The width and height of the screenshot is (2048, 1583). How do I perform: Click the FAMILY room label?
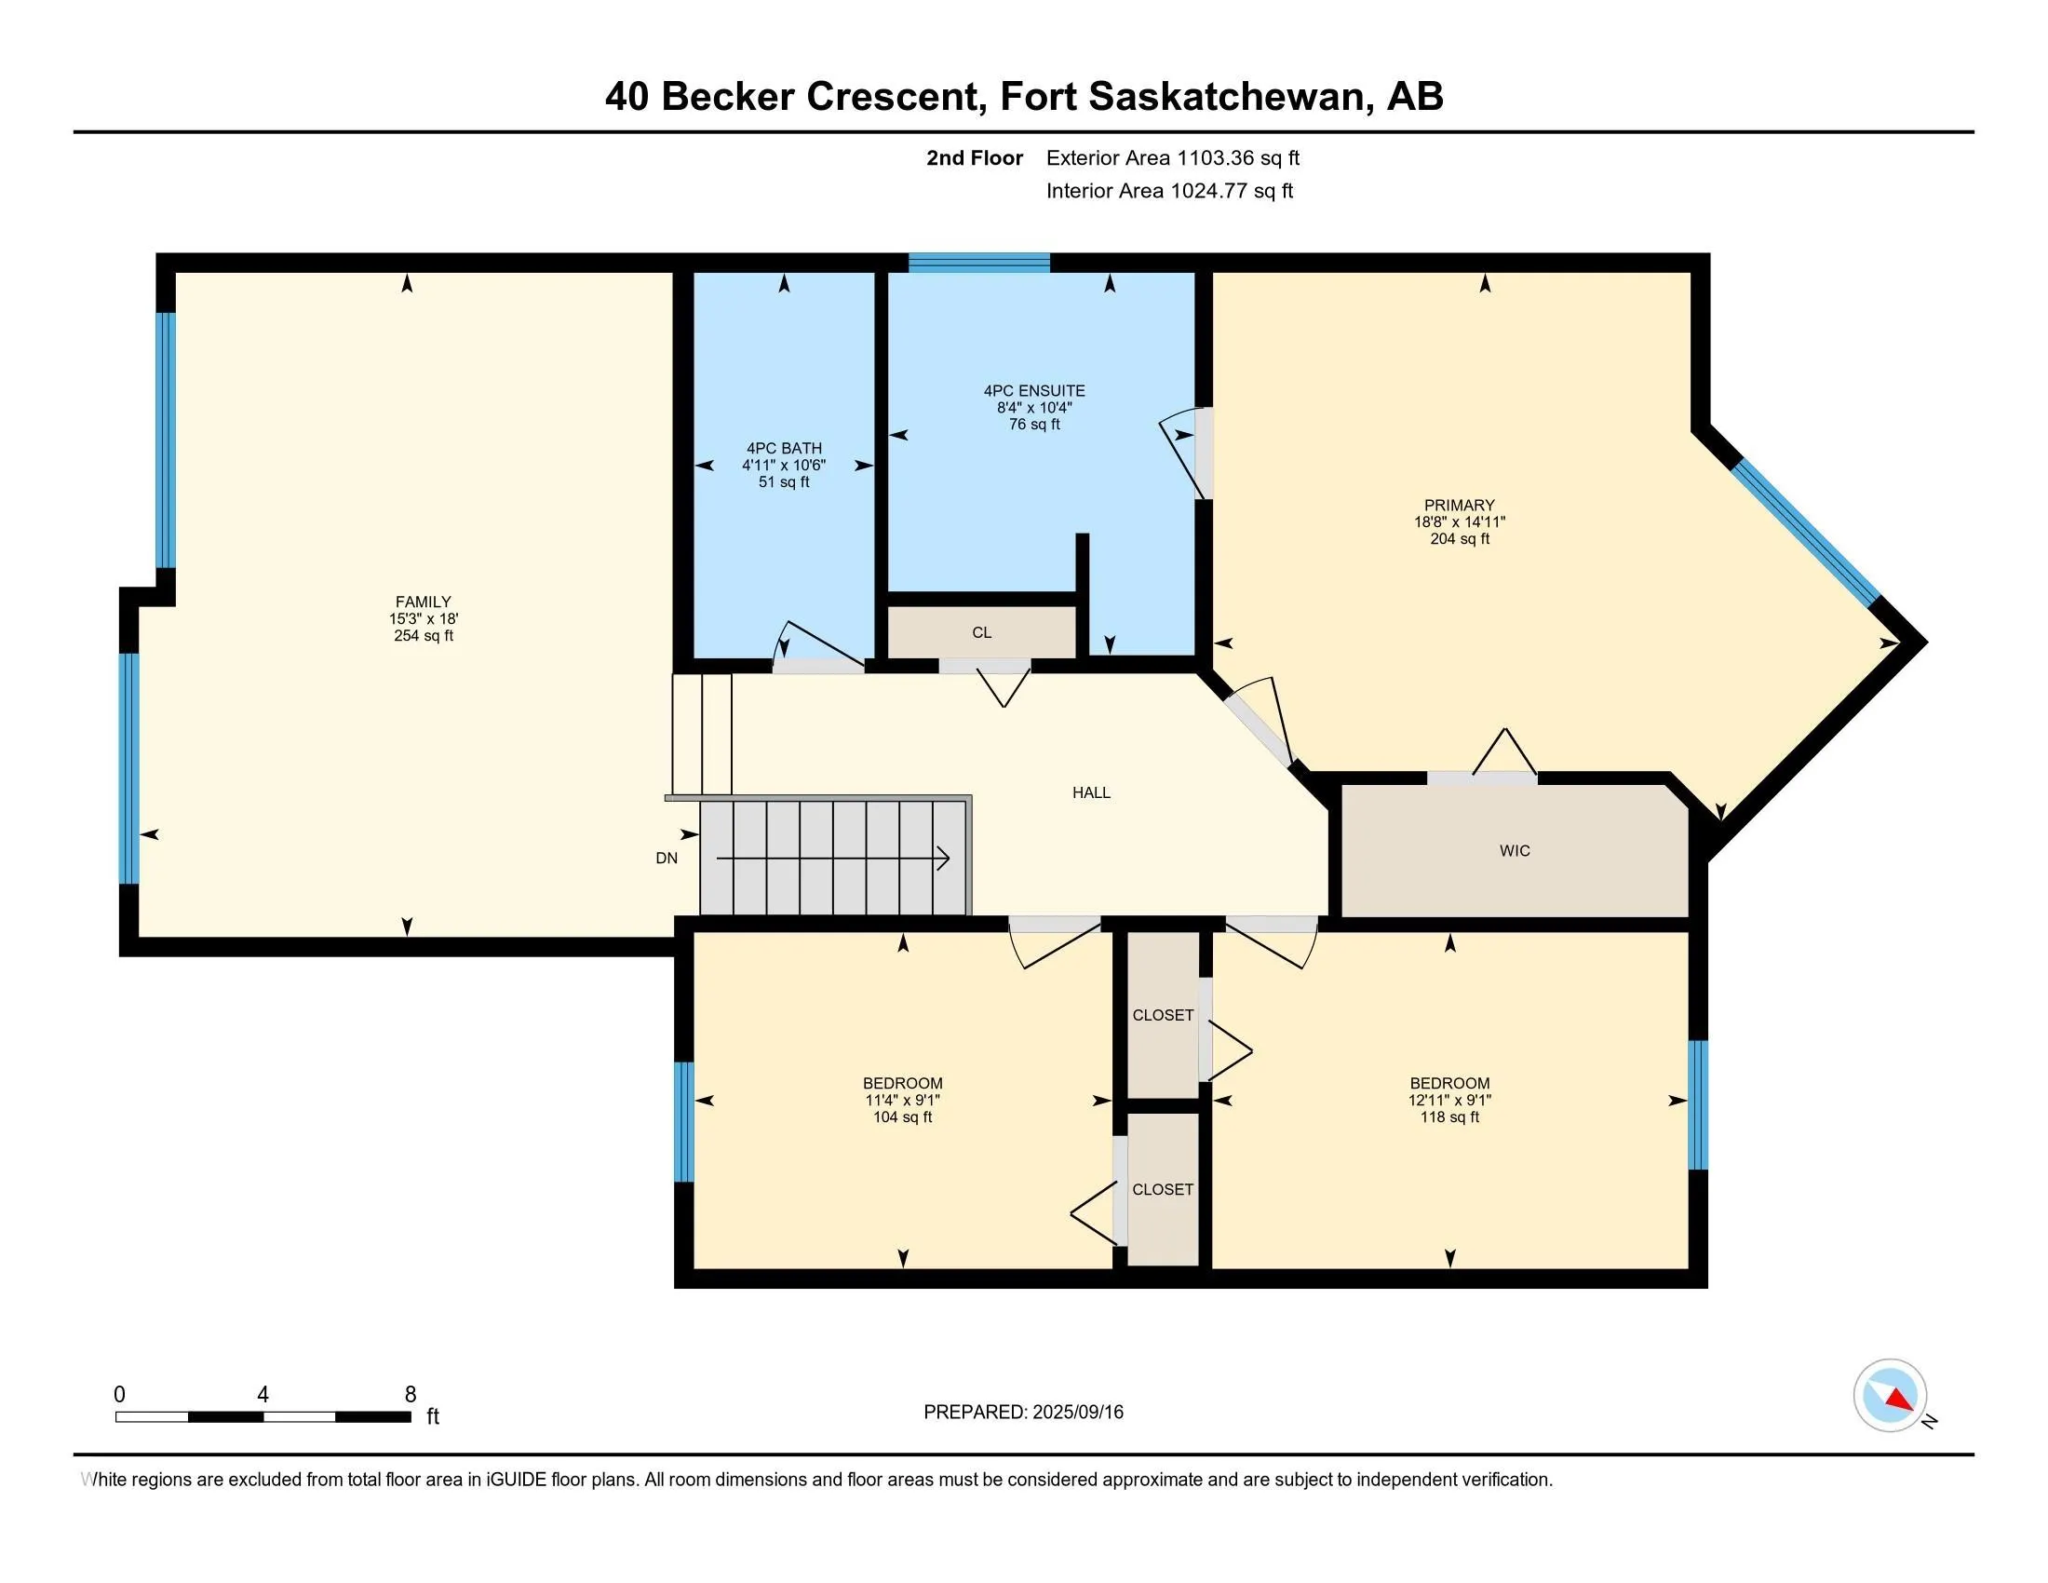coord(423,602)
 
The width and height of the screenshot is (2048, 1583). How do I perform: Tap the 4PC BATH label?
coord(784,448)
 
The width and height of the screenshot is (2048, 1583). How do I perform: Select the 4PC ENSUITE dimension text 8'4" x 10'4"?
coord(1034,408)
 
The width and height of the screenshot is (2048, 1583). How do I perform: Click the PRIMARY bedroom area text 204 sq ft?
coord(1459,539)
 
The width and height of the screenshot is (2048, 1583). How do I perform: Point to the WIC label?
coord(1515,850)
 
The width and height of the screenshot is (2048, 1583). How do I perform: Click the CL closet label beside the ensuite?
coord(982,633)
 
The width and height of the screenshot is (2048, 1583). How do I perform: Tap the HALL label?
coord(1091,792)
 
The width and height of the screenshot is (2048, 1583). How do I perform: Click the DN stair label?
coord(667,859)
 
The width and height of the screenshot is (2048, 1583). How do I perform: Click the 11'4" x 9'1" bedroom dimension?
coord(902,1100)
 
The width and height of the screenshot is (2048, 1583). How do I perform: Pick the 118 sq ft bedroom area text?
coord(1449,1116)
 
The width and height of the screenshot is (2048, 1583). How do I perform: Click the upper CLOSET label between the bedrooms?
coord(1163,1015)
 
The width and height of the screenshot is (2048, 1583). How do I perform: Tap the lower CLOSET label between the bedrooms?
coord(1163,1189)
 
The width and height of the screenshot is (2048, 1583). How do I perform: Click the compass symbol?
coord(1890,1395)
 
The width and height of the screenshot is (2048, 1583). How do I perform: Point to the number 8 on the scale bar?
coord(410,1395)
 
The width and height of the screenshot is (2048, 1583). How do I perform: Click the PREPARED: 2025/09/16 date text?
coord(1023,1412)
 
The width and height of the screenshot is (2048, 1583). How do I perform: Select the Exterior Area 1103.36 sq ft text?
coord(1172,158)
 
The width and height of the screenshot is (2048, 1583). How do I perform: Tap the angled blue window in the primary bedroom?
coord(1804,532)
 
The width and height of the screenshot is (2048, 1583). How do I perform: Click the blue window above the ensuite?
coord(979,263)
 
